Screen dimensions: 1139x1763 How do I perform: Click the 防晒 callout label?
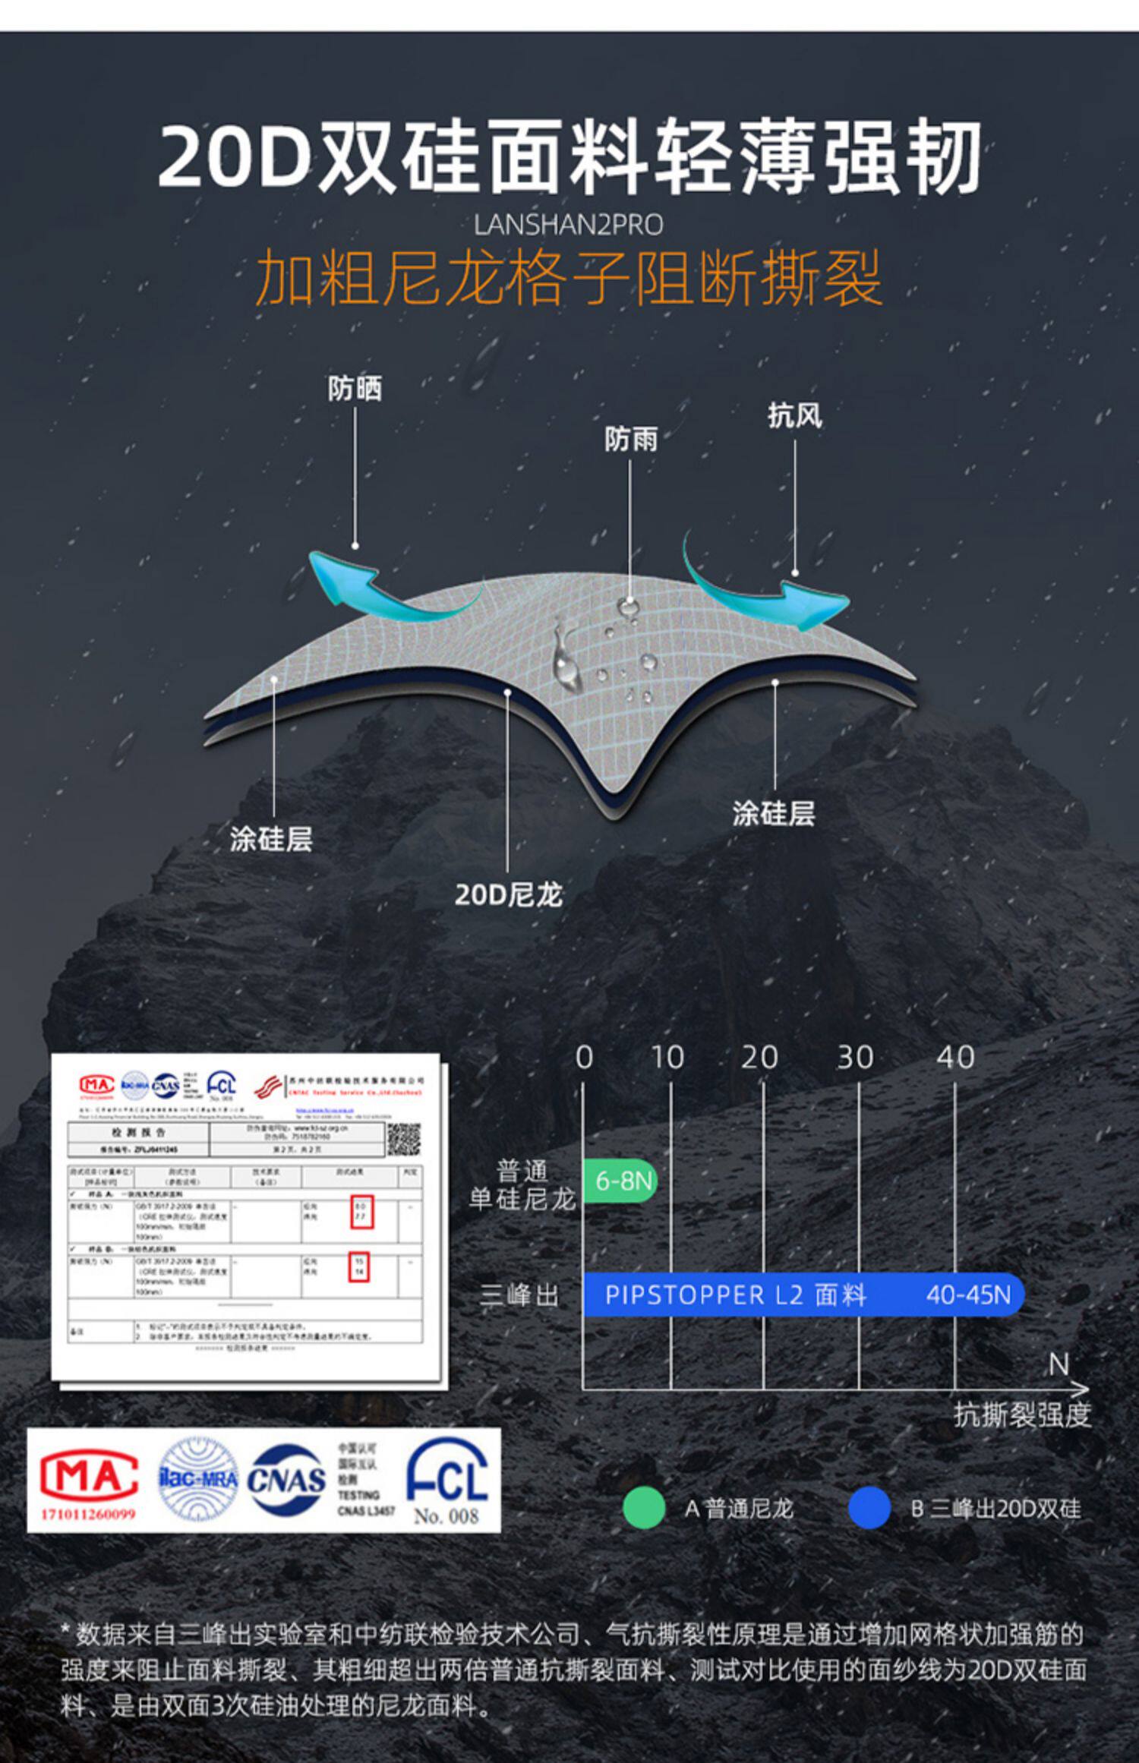(355, 389)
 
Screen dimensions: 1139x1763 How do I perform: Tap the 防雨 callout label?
(630, 439)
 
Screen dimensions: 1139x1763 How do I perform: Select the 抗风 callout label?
(794, 415)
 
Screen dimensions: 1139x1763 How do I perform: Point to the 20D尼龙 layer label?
(508, 895)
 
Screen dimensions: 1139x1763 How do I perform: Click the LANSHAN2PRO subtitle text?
(568, 225)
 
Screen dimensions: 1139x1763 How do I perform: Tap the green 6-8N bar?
(620, 1181)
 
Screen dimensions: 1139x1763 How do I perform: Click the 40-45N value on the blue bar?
(968, 1295)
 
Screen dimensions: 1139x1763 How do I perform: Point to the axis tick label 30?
(856, 1058)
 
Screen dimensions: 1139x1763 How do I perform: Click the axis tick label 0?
(584, 1058)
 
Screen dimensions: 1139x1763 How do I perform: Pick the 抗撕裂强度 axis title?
(1022, 1415)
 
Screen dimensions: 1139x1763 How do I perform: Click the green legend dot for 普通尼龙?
(644, 1508)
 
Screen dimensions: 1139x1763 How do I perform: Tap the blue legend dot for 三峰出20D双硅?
(869, 1508)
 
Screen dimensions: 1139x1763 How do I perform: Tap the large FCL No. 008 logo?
(447, 1481)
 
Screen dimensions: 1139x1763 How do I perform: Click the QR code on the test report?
(403, 1140)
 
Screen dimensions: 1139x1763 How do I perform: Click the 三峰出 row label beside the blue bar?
(519, 1295)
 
